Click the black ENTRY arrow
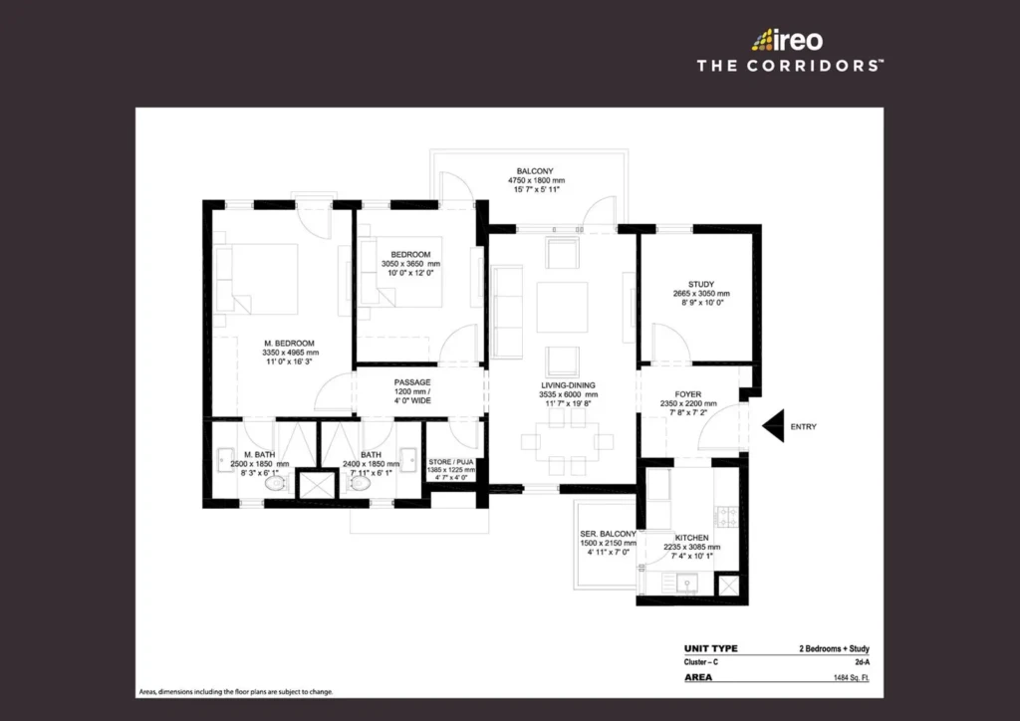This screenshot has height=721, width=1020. [773, 426]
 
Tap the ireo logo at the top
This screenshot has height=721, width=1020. [787, 40]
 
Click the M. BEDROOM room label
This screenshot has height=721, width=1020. [289, 344]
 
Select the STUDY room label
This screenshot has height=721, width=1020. [701, 284]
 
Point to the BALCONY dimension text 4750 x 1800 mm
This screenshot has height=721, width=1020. [536, 180]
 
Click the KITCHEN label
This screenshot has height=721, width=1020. [691, 538]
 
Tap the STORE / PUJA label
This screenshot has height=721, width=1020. [451, 462]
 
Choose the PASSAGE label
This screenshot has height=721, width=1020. [412, 382]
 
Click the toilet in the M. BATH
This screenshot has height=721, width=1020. [276, 484]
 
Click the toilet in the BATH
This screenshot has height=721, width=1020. [359, 484]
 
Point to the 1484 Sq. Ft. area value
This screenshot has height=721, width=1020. [852, 678]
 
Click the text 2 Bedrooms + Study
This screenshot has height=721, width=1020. [834, 649]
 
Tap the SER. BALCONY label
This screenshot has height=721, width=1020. [609, 534]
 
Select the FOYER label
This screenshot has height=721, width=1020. [687, 394]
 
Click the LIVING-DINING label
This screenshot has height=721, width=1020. [568, 384]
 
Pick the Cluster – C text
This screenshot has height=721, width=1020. [700, 662]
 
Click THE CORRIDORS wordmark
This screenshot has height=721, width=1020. [790, 66]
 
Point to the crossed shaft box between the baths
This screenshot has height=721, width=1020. [316, 485]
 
